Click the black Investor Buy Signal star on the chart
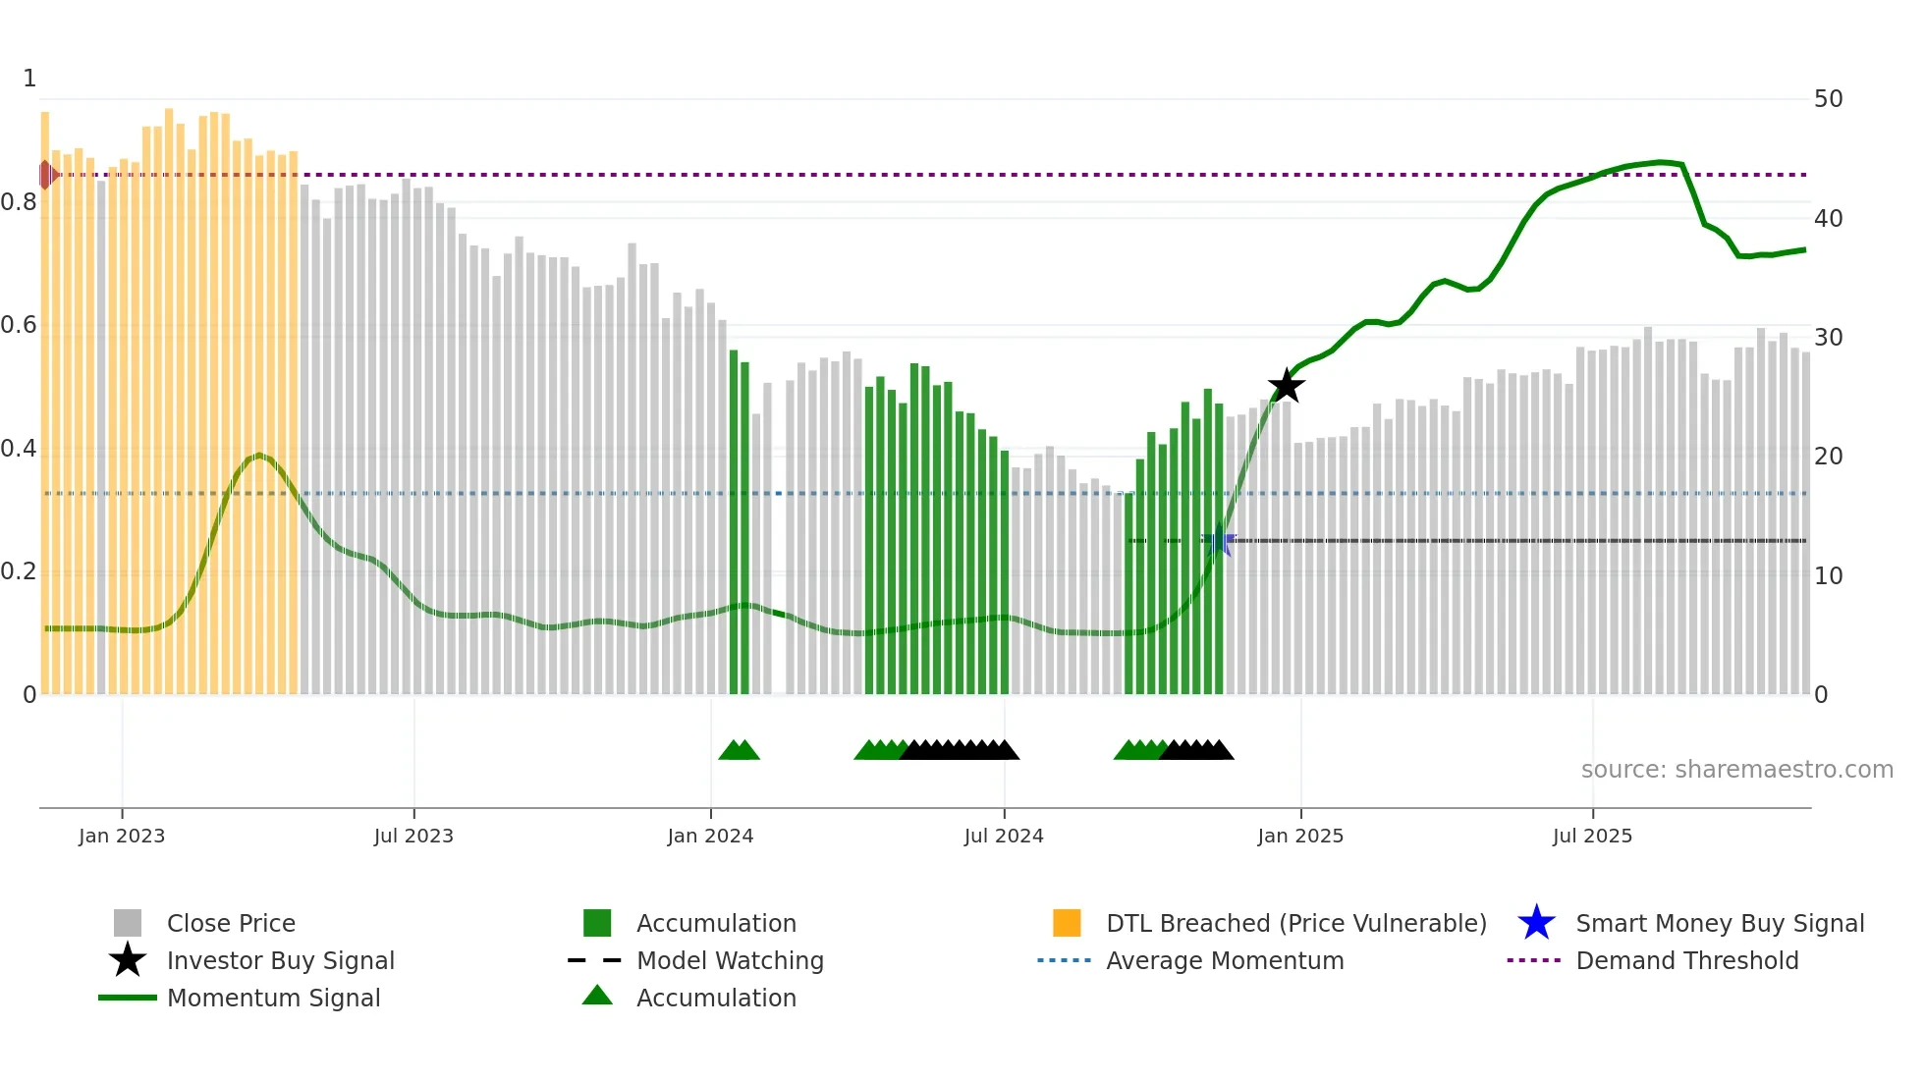(1286, 386)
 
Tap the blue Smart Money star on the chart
(1219, 540)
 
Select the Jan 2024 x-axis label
(710, 836)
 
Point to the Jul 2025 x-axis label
(1592, 836)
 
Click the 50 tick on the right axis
(1828, 99)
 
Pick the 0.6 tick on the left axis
(19, 325)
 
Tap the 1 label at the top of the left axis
(29, 79)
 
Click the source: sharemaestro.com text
(1736, 769)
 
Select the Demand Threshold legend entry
(1686, 960)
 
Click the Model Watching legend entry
(730, 960)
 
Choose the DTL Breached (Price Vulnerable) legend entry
(1295, 923)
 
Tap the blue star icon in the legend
(1536, 923)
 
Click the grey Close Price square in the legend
(128, 923)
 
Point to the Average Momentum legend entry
(1224, 960)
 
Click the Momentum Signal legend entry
(273, 998)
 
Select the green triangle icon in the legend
(597, 996)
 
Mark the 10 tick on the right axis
(1828, 576)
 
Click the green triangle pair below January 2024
(739, 751)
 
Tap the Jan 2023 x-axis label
(122, 836)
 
